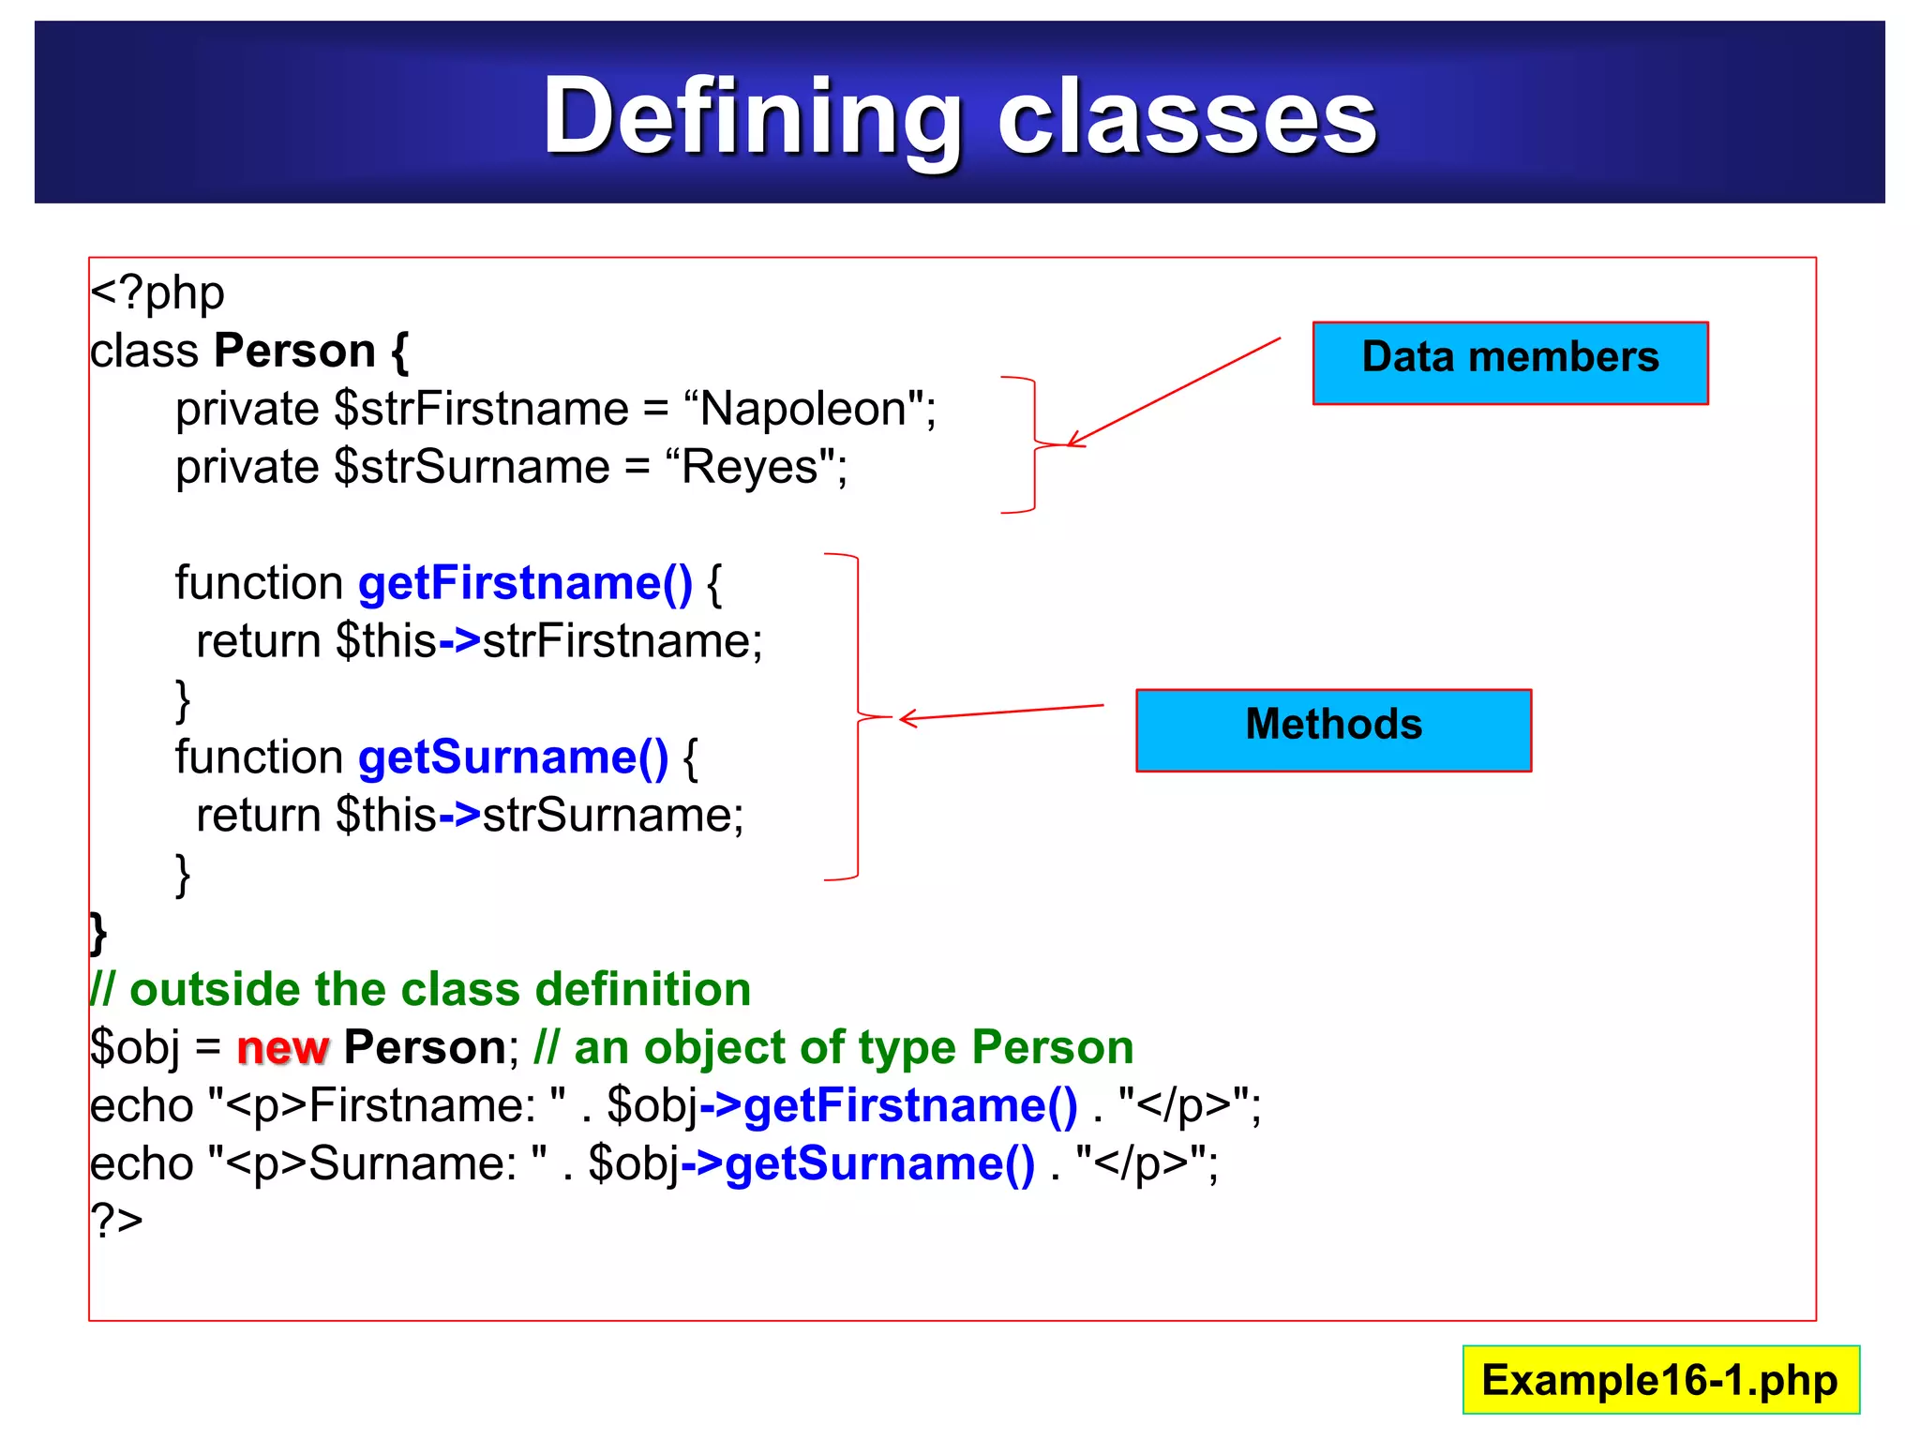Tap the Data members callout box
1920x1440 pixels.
1509,362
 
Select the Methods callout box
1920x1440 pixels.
1332,729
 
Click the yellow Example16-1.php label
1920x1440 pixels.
1659,1380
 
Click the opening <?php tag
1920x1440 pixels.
157,293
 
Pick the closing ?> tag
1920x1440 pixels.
116,1221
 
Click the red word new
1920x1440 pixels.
281,1047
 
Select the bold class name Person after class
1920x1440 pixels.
294,352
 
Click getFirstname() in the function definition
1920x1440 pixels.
525,583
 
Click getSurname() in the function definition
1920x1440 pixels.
513,757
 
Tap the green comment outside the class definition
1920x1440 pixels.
421,990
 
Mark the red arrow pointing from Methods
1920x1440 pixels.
1000,712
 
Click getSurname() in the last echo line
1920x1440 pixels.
878,1163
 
